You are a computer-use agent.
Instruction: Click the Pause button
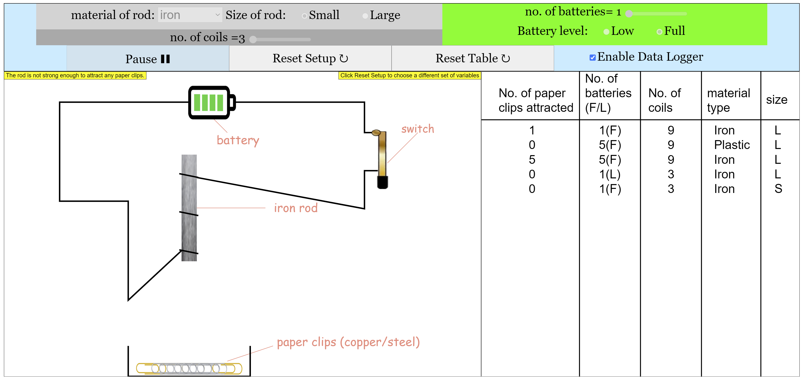pos(148,59)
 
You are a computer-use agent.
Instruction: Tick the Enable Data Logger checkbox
pos(593,57)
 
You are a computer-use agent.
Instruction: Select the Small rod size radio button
pos(304,16)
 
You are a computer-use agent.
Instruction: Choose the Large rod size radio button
pos(365,16)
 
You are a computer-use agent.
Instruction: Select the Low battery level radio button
pos(606,32)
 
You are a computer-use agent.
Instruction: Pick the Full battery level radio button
pos(659,32)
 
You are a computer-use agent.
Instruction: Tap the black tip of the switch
pos(382,183)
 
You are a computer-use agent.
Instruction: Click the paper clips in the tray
pos(189,369)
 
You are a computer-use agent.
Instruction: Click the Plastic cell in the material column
pos(732,145)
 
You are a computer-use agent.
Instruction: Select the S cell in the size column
pos(778,189)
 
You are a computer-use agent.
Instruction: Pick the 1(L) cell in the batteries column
pos(610,174)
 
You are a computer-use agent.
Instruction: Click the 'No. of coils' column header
pos(664,100)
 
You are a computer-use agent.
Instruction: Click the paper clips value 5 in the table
pos(532,160)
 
